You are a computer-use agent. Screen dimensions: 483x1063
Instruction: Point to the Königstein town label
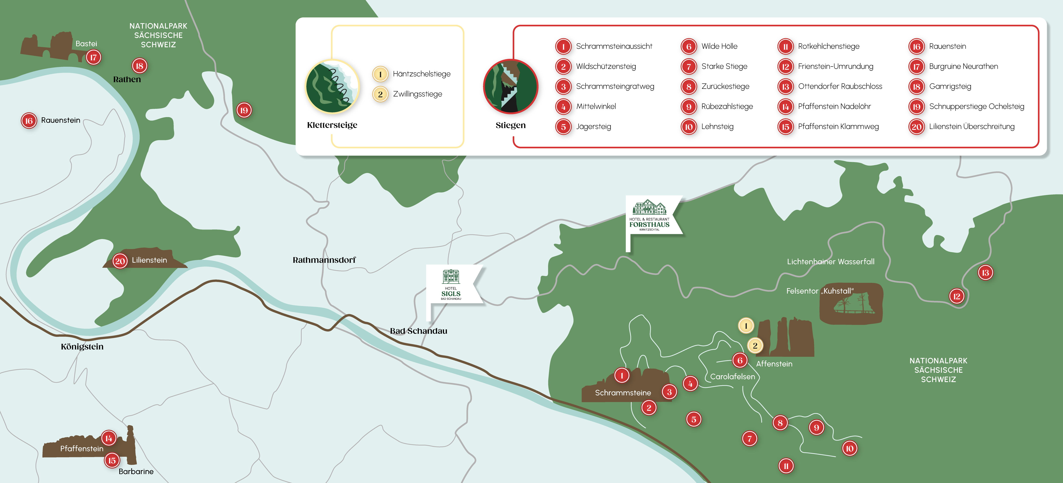click(82, 347)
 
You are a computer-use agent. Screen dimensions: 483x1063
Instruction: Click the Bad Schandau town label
click(418, 331)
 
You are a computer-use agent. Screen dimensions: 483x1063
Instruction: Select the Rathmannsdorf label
click(324, 260)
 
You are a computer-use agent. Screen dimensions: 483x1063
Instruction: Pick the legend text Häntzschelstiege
click(421, 74)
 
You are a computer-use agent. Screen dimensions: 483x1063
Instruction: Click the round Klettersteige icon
click(332, 87)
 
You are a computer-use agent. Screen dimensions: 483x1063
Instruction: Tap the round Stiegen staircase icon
click(510, 87)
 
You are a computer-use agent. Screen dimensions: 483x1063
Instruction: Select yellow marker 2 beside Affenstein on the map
click(755, 346)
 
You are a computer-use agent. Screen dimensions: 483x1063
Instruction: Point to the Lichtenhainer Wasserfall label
click(830, 262)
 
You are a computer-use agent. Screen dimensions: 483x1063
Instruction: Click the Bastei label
click(86, 44)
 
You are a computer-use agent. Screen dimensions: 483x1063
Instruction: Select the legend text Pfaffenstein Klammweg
click(838, 127)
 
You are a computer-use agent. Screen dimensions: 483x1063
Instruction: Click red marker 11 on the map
click(786, 466)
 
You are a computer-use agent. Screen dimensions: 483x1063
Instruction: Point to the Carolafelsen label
click(732, 377)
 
